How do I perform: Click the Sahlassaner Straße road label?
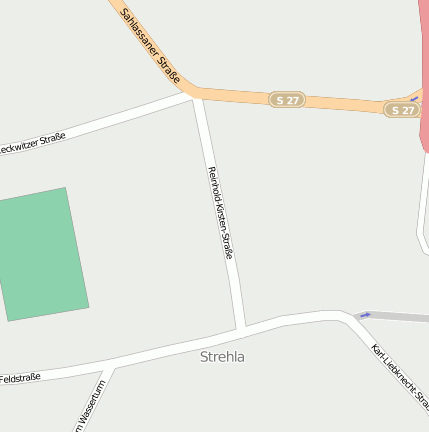point(150,45)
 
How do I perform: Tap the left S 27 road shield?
point(287,99)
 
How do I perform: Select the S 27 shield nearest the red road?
point(401,109)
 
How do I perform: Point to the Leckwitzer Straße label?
point(32,144)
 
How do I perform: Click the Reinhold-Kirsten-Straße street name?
point(221,213)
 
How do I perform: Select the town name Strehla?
point(222,356)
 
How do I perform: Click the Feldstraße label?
point(20,378)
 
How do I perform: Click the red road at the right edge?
point(425,60)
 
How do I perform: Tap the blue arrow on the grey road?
point(365,315)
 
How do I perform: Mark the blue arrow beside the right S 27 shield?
point(415,99)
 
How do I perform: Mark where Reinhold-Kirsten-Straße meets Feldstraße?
point(241,328)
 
